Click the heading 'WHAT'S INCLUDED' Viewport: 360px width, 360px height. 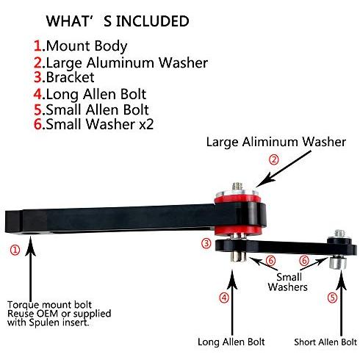[118, 21]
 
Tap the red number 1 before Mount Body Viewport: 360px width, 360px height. [37, 46]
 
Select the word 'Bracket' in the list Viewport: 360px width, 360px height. [70, 77]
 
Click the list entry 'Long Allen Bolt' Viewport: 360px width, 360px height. [96, 94]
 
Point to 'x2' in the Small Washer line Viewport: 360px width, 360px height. [146, 124]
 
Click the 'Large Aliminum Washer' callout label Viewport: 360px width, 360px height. [276, 142]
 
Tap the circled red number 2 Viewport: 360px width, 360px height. [274, 159]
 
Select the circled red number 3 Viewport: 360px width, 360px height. [206, 244]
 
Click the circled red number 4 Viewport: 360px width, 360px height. [224, 298]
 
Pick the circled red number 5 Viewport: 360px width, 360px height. [333, 298]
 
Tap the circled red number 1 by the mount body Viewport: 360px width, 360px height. [15, 250]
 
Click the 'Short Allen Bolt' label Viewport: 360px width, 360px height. [325, 342]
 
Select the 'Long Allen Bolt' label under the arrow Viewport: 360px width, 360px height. [231, 342]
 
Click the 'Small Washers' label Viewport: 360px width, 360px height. [288, 282]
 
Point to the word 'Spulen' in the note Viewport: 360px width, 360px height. [45, 323]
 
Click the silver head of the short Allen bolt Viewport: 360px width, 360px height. [338, 262]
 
